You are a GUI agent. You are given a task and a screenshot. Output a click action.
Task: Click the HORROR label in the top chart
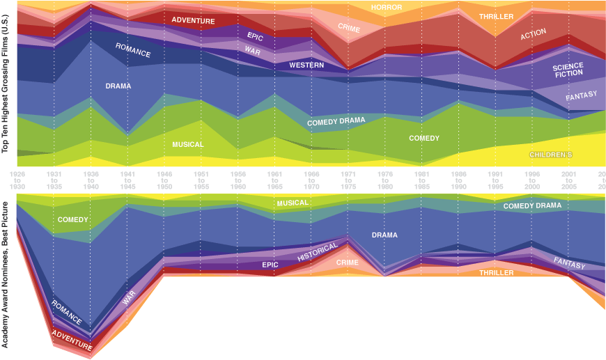tap(387, 8)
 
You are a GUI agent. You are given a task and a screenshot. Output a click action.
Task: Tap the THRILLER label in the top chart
tap(497, 17)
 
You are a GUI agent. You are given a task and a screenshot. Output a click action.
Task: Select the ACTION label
tap(533, 34)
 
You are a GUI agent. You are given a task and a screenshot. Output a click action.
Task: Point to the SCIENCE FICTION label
tap(568, 70)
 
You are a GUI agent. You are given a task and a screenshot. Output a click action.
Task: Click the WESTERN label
tap(306, 65)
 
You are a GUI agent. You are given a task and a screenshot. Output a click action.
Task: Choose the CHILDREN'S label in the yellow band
tap(550, 155)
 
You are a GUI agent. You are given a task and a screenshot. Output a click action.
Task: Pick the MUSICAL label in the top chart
tap(188, 145)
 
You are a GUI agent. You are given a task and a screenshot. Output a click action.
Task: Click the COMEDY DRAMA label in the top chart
tap(336, 121)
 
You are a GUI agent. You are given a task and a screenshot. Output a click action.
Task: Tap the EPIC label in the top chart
tap(255, 36)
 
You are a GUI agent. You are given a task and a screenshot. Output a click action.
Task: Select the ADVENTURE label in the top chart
tap(193, 21)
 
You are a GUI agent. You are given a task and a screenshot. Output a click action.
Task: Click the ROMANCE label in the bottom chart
tap(67, 313)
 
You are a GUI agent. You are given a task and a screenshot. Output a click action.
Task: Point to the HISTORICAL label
tap(317, 252)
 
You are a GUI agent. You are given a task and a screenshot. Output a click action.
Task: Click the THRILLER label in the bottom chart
tap(496, 273)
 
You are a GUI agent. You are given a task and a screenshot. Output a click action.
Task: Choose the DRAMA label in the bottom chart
tap(384, 235)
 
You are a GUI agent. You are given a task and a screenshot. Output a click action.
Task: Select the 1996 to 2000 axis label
tap(532, 179)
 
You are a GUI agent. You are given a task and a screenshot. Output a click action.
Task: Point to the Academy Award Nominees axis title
tap(6, 274)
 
